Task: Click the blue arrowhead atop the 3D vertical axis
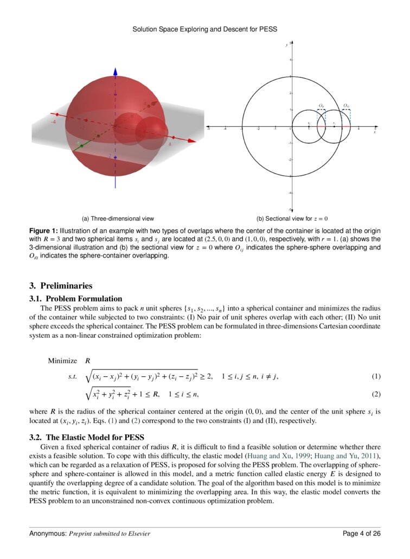coord(115,72)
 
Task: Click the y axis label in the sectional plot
coord(287,45)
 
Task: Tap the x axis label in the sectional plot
coord(375,132)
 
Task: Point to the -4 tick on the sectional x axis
coord(225,129)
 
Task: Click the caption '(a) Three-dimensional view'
coord(118,219)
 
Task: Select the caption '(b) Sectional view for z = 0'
coord(292,219)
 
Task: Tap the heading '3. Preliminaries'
coord(61,286)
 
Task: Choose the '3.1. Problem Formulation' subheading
coord(75,299)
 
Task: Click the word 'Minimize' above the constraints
coord(62,361)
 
